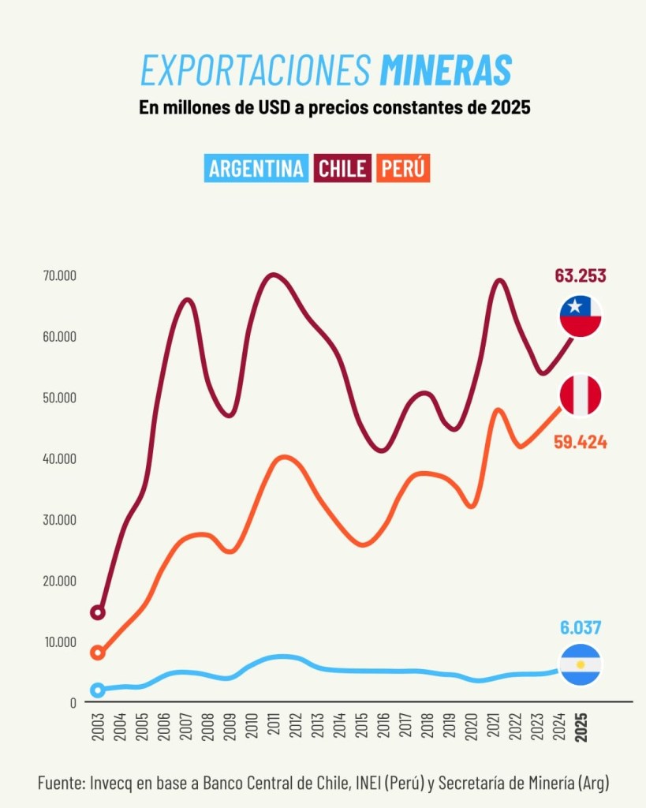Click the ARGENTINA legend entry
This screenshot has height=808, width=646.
pyautogui.click(x=256, y=168)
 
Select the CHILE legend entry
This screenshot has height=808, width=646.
pyautogui.click(x=343, y=168)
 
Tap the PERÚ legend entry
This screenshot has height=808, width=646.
pyautogui.click(x=403, y=168)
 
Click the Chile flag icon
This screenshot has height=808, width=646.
pyautogui.click(x=581, y=316)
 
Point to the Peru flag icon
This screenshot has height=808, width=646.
pyautogui.click(x=581, y=395)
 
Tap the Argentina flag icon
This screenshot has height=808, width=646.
pyautogui.click(x=581, y=664)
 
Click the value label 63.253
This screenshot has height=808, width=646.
pyautogui.click(x=581, y=276)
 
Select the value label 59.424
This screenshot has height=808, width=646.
pyautogui.click(x=581, y=442)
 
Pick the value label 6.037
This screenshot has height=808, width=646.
pyautogui.click(x=581, y=628)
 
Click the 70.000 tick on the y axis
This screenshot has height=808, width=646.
pyautogui.click(x=60, y=275)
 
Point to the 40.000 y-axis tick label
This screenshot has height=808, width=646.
pyautogui.click(x=60, y=458)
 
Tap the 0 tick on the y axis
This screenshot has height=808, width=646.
pyautogui.click(x=73, y=702)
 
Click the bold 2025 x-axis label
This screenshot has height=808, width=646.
pyautogui.click(x=581, y=724)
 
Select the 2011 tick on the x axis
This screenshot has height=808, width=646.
pyautogui.click(x=274, y=724)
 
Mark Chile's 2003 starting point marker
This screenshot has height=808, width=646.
pyautogui.click(x=98, y=612)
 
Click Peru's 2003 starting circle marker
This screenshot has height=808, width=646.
pyautogui.click(x=98, y=653)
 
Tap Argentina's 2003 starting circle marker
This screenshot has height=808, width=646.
pyautogui.click(x=98, y=690)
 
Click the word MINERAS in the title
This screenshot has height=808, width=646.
pyautogui.click(x=446, y=71)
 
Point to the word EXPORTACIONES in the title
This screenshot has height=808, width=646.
pyautogui.click(x=255, y=71)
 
